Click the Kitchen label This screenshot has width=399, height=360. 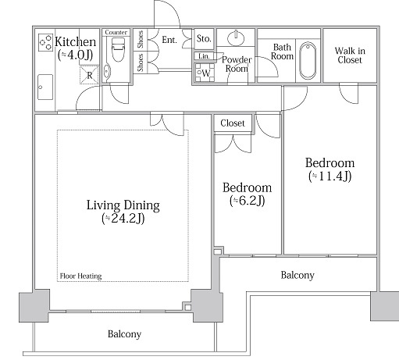click(x=76, y=41)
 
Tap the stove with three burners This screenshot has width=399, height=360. click(x=45, y=42)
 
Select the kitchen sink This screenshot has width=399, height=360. click(x=45, y=87)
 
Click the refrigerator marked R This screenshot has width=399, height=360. click(x=89, y=75)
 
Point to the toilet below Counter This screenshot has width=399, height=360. click(x=118, y=49)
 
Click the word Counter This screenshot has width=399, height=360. click(x=116, y=32)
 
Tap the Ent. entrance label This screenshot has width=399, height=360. click(x=169, y=40)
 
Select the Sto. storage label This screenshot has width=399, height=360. click(x=204, y=39)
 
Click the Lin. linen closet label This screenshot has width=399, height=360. click(x=204, y=56)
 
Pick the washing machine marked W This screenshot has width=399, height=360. click(x=205, y=73)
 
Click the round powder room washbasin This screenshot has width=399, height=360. click(x=236, y=38)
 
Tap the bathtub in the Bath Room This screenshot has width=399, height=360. click(x=308, y=60)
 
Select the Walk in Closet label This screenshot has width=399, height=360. click(x=350, y=55)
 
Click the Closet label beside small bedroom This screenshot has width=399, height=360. click(x=233, y=123)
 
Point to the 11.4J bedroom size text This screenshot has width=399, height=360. click(x=330, y=176)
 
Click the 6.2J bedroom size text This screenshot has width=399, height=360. click(x=248, y=201)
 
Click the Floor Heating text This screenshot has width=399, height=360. click(x=80, y=276)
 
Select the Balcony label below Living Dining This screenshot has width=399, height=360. click(x=124, y=334)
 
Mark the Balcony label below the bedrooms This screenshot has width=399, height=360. click(x=297, y=275)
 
